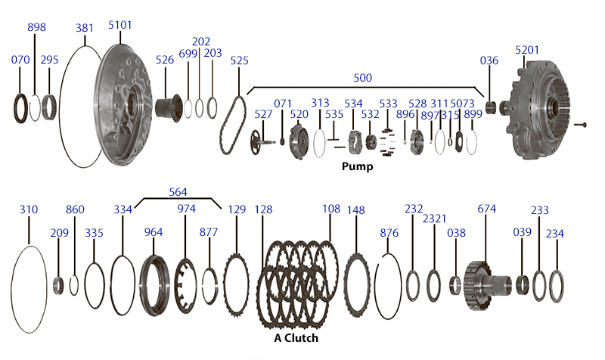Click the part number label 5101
point(119,25)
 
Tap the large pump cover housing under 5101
point(123,105)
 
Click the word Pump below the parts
point(357,166)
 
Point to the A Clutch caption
point(296,338)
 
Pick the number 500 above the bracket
point(363,78)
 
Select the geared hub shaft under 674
point(488,286)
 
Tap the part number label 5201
point(527,50)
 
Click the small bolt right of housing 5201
point(580,125)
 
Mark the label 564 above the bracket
point(178,192)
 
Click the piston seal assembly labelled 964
point(154,286)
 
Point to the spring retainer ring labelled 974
point(186,286)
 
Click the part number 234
point(555,234)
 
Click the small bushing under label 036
point(490,108)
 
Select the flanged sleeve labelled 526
point(169,107)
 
